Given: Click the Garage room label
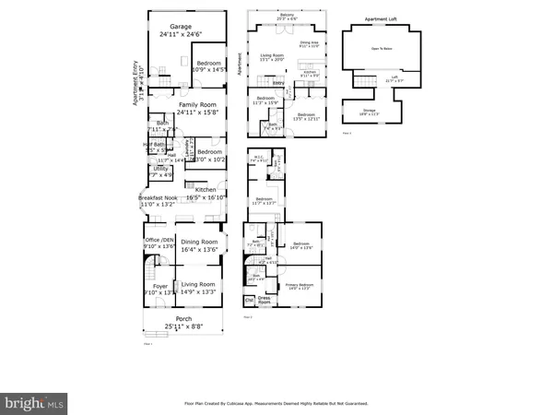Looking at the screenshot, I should pyautogui.click(x=181, y=27).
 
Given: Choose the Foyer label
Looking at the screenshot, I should pyautogui.click(x=160, y=286).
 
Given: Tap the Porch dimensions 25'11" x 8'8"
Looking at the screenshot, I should pyautogui.click(x=183, y=327).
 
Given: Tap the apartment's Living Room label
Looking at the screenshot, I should pyautogui.click(x=270, y=54).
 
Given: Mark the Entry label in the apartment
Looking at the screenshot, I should pyautogui.click(x=276, y=83).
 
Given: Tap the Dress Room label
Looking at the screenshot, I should pyautogui.click(x=265, y=301).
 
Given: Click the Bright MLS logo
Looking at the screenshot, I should pyautogui.click(x=34, y=403).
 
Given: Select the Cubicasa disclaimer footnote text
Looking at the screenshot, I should pyautogui.click(x=276, y=403).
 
